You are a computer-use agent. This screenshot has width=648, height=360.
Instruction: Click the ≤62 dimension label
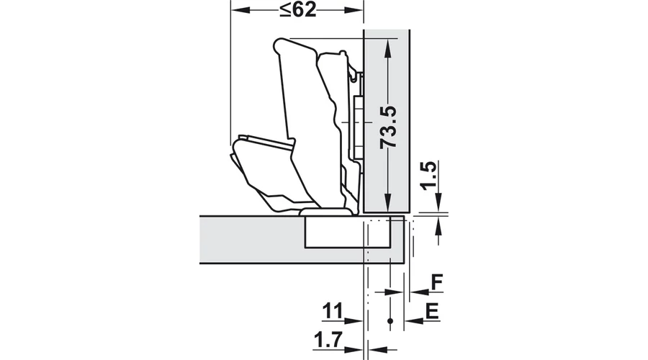[298, 9]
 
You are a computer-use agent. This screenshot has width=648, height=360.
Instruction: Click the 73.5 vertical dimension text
[389, 127]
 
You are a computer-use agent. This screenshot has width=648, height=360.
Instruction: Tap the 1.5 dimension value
[428, 175]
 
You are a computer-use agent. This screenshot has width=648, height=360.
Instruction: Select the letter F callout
[436, 282]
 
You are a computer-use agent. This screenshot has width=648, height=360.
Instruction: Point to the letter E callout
[432, 311]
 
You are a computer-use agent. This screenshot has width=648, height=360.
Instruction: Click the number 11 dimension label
[333, 311]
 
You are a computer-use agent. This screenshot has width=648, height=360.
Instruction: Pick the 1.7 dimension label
[328, 340]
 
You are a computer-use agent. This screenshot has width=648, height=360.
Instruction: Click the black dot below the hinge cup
[390, 320]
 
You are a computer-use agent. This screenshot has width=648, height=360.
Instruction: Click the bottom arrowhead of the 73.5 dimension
[387, 202]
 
